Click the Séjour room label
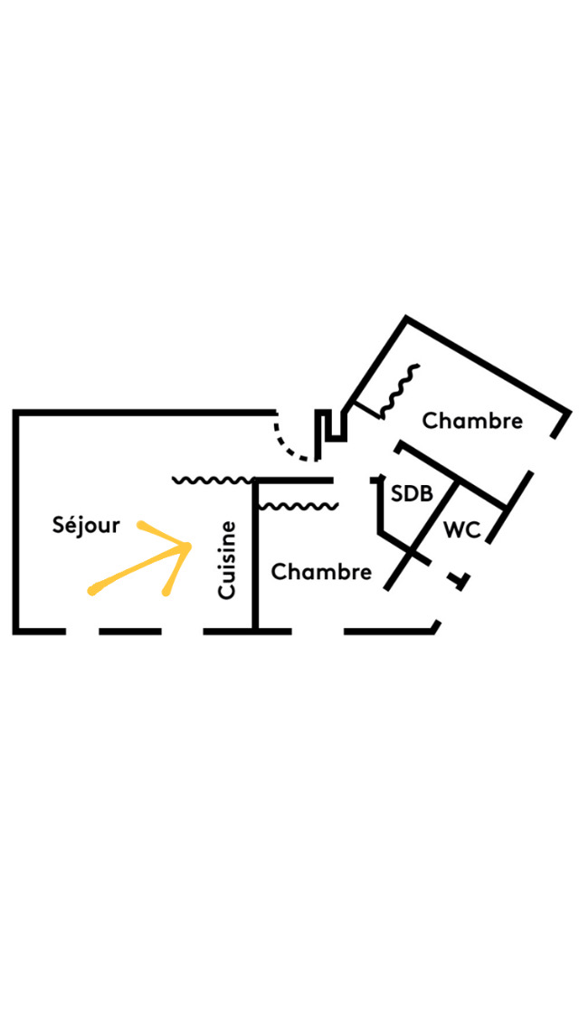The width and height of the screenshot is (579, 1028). pyautogui.click(x=86, y=526)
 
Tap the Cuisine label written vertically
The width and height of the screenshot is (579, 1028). pyautogui.click(x=228, y=559)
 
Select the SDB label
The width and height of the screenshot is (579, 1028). pyautogui.click(x=412, y=494)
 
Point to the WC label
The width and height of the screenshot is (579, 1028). pyautogui.click(x=461, y=530)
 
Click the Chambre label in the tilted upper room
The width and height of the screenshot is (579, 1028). pyautogui.click(x=472, y=421)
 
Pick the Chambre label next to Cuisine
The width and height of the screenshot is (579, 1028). pyautogui.click(x=321, y=572)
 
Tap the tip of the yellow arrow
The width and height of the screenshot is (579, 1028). pyautogui.click(x=188, y=546)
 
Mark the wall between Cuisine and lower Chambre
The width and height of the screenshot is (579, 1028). pyautogui.click(x=255, y=557)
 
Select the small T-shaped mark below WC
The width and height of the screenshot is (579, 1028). pyautogui.click(x=461, y=580)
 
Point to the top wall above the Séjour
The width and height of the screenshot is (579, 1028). pyautogui.click(x=145, y=413)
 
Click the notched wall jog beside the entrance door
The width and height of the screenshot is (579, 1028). pyautogui.click(x=331, y=427)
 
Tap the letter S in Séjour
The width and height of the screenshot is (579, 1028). pyautogui.click(x=59, y=526)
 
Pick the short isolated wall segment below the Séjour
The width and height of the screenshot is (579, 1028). pyautogui.click(x=130, y=630)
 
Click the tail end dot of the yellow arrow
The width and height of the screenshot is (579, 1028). pyautogui.click(x=92, y=592)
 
